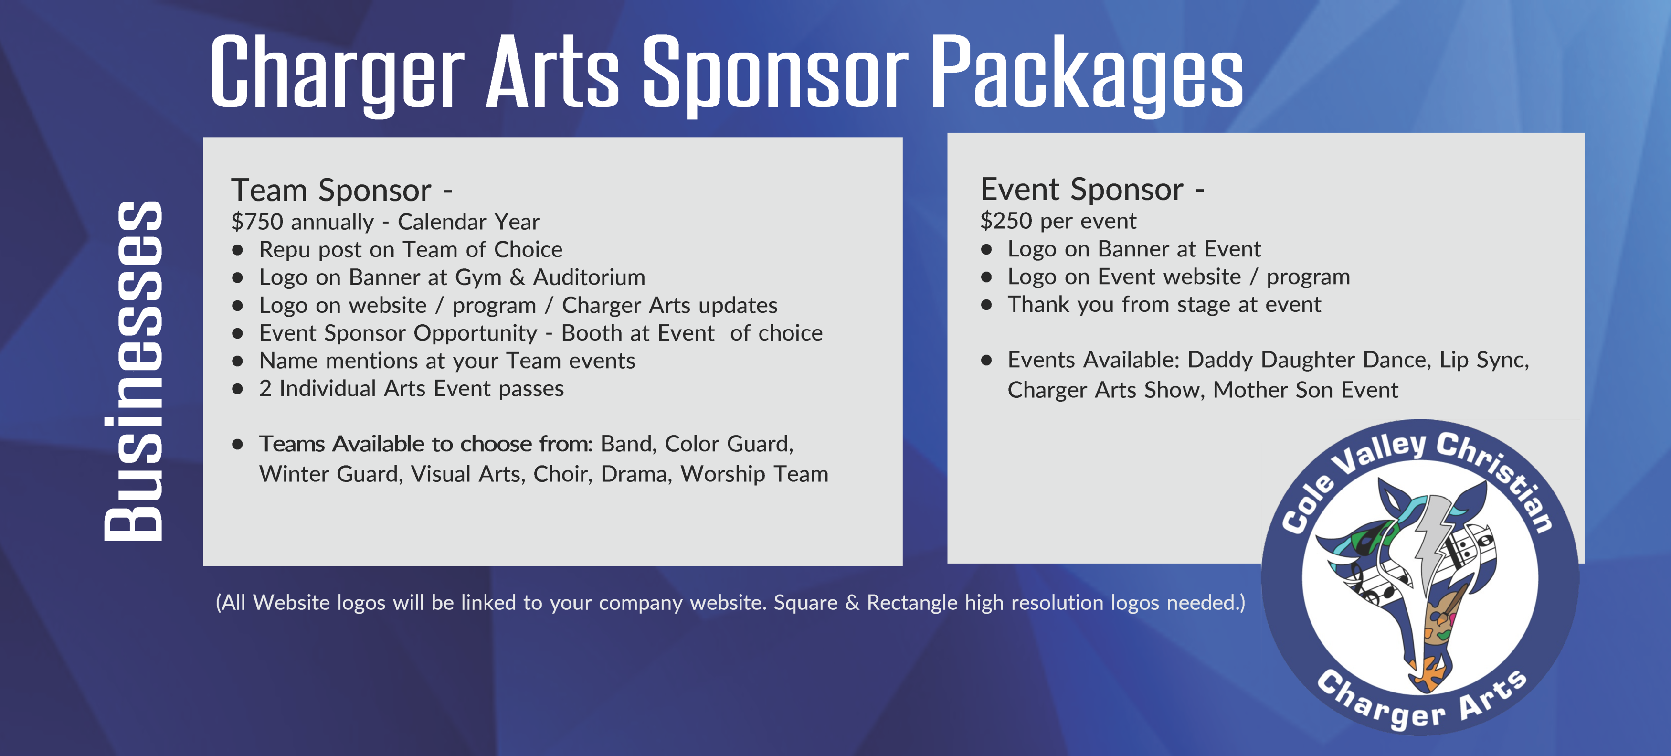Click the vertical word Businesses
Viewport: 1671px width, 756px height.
(133, 371)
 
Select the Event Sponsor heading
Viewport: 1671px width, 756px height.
(1092, 190)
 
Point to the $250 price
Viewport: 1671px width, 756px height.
(1006, 221)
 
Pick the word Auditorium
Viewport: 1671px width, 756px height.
(589, 278)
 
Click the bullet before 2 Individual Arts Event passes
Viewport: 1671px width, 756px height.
(238, 389)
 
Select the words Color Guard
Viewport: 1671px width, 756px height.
(729, 444)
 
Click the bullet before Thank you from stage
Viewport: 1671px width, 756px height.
(987, 305)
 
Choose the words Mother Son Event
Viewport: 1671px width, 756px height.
(1306, 390)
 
